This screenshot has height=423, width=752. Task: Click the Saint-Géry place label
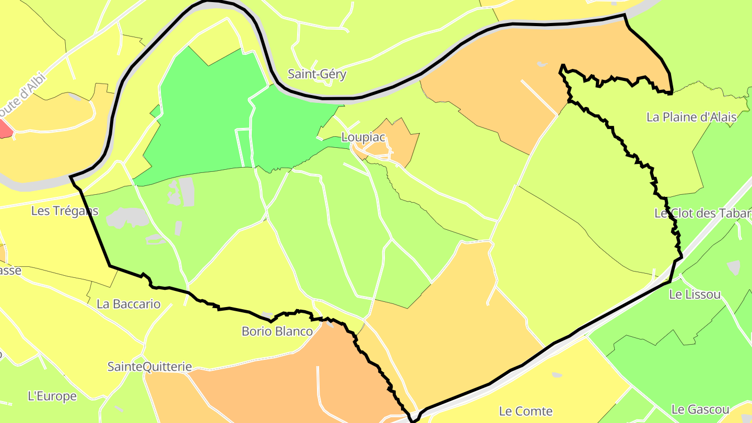pos(317,74)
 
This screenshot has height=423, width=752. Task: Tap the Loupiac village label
pos(363,137)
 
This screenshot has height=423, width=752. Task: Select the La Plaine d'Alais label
pos(691,117)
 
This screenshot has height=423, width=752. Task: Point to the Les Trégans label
pos(65,211)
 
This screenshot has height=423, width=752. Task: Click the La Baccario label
pos(128,303)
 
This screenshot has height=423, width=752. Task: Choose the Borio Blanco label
pos(277,331)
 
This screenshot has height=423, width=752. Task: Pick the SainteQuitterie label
pos(150,367)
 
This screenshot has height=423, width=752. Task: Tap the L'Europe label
pos(52,396)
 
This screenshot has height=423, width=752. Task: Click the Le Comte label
pos(526,411)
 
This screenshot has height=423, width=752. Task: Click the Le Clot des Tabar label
pos(702,213)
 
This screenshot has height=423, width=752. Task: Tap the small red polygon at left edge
pos(5,129)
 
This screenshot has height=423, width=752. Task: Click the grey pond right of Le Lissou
pos(734,267)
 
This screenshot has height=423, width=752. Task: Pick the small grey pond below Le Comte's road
pos(557,375)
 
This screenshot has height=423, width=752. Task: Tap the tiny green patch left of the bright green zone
pos(155,111)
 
